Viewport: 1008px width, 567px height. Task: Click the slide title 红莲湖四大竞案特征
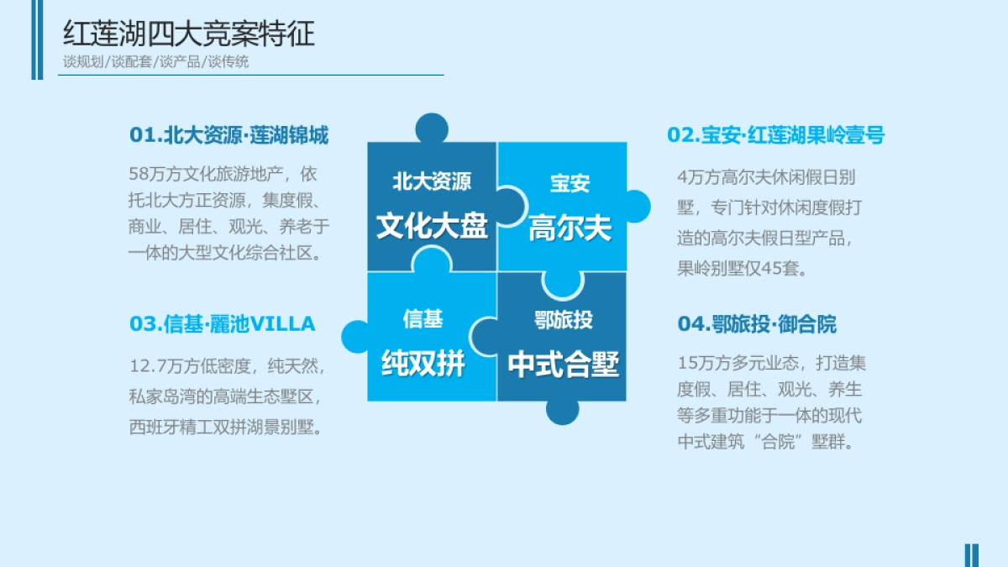pyautogui.click(x=189, y=34)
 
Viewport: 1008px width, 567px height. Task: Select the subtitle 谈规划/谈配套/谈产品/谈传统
pyautogui.click(x=155, y=61)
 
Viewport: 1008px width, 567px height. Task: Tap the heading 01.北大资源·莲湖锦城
pyautogui.click(x=228, y=135)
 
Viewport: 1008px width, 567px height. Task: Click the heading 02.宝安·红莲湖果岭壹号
pyautogui.click(x=775, y=135)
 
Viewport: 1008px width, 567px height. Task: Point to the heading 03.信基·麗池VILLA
pyautogui.click(x=222, y=323)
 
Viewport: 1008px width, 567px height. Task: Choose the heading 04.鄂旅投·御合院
pyautogui.click(x=757, y=324)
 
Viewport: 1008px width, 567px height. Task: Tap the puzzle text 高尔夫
pyautogui.click(x=570, y=229)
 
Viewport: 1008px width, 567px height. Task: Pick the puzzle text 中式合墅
pyautogui.click(x=563, y=365)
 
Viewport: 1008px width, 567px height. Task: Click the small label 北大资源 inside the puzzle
pyautogui.click(x=432, y=181)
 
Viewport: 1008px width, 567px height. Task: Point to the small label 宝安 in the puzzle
pyautogui.click(x=570, y=183)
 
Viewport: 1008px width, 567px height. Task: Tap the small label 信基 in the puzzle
pyautogui.click(x=423, y=319)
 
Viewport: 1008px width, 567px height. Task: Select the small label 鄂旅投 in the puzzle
pyautogui.click(x=563, y=319)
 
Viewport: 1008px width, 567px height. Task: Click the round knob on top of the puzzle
pyautogui.click(x=432, y=129)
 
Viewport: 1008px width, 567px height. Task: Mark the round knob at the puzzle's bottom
pyautogui.click(x=562, y=410)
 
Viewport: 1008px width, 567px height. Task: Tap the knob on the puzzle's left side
pyautogui.click(x=356, y=337)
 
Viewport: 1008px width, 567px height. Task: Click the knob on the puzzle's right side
pyautogui.click(x=636, y=207)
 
